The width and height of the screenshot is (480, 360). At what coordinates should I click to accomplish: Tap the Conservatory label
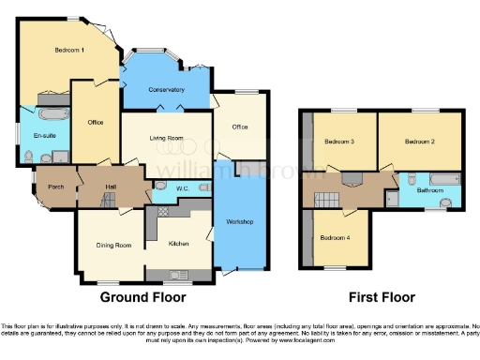coord(165,91)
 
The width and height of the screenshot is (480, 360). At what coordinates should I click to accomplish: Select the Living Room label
coord(164,139)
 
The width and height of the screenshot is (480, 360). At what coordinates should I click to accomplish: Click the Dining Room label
coord(113,246)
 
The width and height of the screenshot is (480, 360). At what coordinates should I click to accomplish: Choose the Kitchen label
coord(178,245)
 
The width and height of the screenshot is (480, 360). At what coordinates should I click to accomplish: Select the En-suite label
coord(42,136)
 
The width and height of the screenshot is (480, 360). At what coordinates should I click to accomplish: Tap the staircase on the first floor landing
coord(328,199)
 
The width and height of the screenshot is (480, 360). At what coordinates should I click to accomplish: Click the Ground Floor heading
coord(143,297)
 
